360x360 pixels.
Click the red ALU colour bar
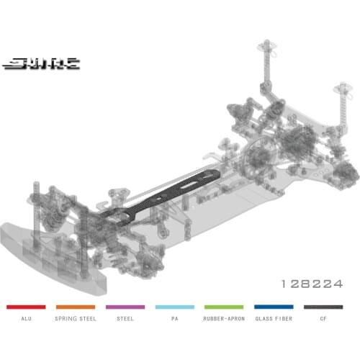26,307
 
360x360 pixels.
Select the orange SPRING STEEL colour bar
76,307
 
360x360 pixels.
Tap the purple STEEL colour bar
125,307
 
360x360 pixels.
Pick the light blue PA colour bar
174,307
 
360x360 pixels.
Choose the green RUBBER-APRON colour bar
224,307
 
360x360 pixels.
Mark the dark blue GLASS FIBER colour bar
274,307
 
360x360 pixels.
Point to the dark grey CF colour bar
323,307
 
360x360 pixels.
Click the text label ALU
26,316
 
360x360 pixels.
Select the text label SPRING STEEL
76,316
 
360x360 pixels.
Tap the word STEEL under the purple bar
125,316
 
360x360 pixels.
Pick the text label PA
174,316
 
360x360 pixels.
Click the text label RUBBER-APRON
224,316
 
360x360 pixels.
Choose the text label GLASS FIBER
274,316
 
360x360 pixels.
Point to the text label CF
323,316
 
